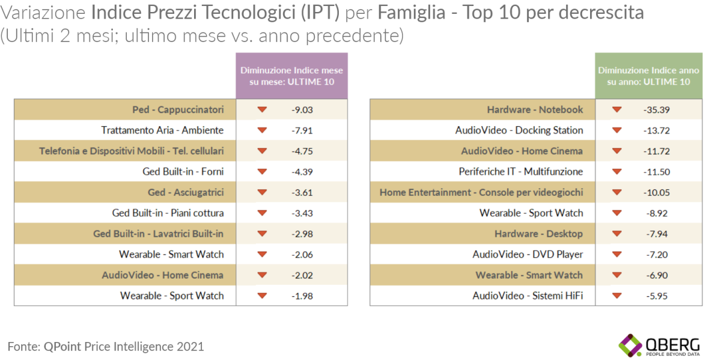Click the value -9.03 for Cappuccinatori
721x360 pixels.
pyautogui.click(x=303, y=110)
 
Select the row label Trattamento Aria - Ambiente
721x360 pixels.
pyautogui.click(x=162, y=130)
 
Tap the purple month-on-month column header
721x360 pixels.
pyautogui.click(x=291, y=76)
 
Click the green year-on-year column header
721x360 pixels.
pyautogui.click(x=648, y=76)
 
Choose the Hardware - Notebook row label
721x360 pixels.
pyautogui.click(x=535, y=110)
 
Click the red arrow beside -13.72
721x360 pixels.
pyautogui.click(x=616, y=130)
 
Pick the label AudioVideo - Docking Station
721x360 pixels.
pyautogui.click(x=519, y=130)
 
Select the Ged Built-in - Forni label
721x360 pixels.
pyautogui.click(x=183, y=172)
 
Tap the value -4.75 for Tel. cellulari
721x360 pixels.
pyautogui.click(x=303, y=151)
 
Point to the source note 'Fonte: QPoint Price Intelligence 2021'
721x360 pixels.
pyautogui.click(x=106, y=347)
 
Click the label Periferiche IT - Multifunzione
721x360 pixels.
pyautogui.click(x=521, y=172)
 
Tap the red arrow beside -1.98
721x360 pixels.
pyautogui.click(x=261, y=296)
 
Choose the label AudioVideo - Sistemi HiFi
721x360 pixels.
pyautogui.click(x=528, y=296)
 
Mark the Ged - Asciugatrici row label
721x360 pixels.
pyautogui.click(x=186, y=192)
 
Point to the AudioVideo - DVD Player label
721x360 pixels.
pyautogui.click(x=528, y=254)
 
